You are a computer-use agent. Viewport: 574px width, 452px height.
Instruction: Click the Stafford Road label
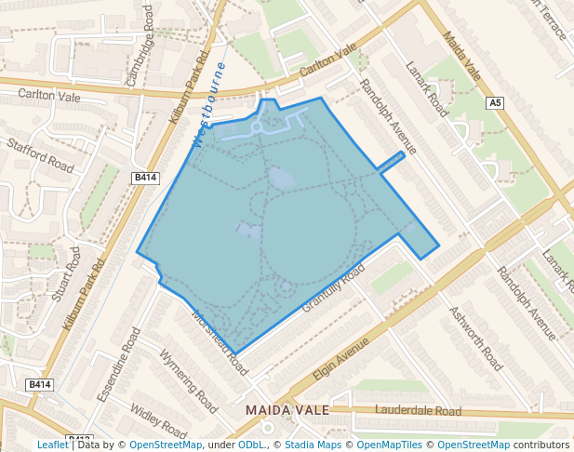pos(40,155)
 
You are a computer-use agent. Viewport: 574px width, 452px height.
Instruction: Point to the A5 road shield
pos(495,104)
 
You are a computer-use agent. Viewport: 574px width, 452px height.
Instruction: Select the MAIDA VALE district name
pos(282,410)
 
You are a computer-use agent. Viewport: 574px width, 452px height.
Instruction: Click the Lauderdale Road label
pos(418,410)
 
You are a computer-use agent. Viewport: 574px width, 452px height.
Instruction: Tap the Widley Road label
pos(158,420)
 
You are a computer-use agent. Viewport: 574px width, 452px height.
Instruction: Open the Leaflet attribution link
pos(52,445)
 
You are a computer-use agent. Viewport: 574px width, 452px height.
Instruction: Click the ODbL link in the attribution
pos(251,445)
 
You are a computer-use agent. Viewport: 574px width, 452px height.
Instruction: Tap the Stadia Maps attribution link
pos(313,445)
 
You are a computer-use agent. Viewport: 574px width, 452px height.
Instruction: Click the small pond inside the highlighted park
pos(279,177)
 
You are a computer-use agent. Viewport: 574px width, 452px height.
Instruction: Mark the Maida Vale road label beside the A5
pos(462,57)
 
